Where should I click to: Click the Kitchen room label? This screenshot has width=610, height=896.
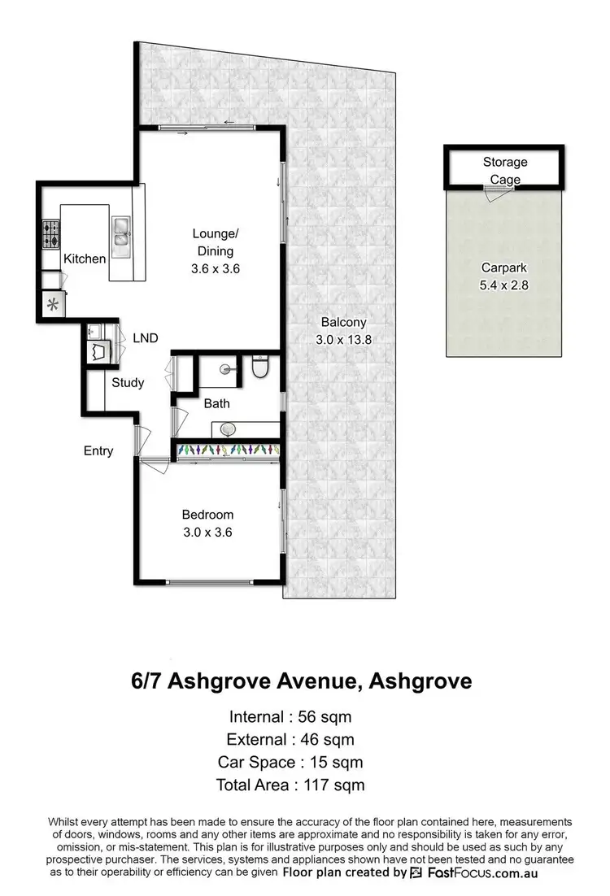[x=85, y=259]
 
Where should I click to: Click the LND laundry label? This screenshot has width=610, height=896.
[x=145, y=338]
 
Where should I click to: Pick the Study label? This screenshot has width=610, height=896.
[x=128, y=382]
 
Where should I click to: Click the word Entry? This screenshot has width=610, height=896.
[x=98, y=450]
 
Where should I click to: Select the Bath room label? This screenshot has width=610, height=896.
[x=217, y=403]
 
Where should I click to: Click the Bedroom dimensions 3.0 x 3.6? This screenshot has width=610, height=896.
[x=207, y=533]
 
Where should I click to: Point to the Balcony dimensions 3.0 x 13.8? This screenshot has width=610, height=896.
[x=342, y=341]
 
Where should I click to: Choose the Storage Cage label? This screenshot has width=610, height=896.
[x=505, y=171]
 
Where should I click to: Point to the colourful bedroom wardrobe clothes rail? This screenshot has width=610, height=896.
[x=227, y=450]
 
